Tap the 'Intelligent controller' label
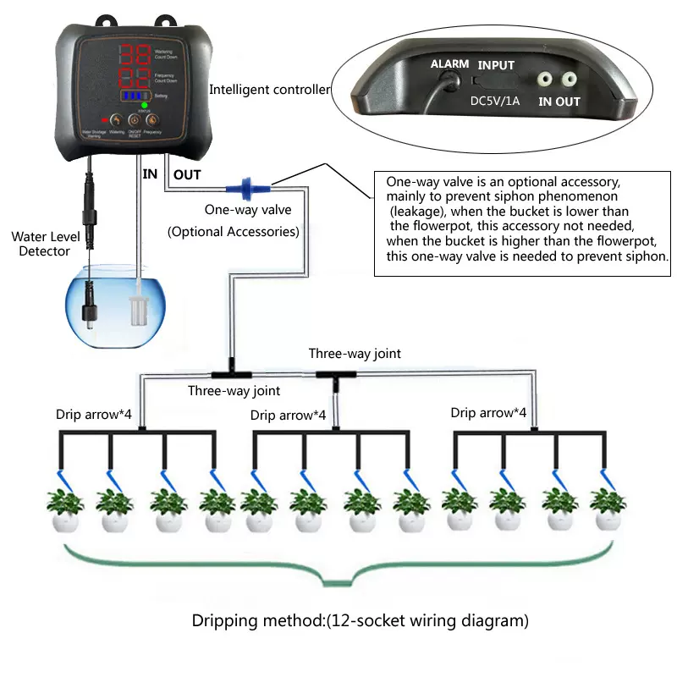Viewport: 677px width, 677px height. [269, 90]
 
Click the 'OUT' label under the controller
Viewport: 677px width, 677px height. [187, 174]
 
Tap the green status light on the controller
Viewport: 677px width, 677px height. [145, 106]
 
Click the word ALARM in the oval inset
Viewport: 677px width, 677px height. [449, 64]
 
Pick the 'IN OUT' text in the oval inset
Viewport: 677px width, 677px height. [559, 102]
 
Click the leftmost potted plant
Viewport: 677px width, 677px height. [65, 509]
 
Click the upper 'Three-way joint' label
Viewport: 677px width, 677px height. [355, 354]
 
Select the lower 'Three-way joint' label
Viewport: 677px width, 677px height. [234, 390]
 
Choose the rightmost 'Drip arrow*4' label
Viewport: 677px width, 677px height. [488, 413]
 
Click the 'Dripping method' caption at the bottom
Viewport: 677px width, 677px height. [361, 621]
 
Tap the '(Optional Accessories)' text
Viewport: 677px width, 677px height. [232, 231]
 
